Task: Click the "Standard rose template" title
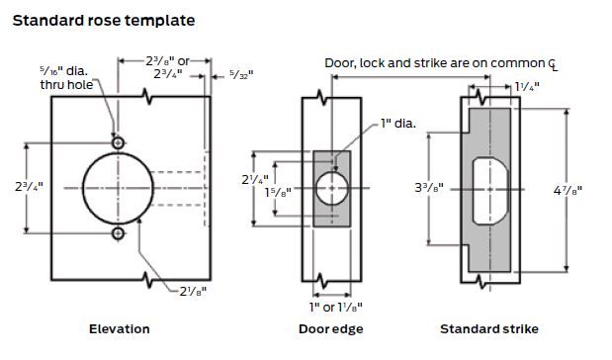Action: (x=104, y=21)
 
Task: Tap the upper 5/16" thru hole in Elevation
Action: (x=119, y=142)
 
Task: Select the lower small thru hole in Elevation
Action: (x=119, y=233)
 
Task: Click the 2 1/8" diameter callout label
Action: (x=193, y=292)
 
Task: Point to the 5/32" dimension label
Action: (x=241, y=74)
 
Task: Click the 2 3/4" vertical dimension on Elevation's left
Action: (x=29, y=187)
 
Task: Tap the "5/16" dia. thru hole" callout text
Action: (x=66, y=78)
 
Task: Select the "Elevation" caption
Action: (x=120, y=329)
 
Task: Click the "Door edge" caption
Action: (x=331, y=329)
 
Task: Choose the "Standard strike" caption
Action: (x=489, y=329)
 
